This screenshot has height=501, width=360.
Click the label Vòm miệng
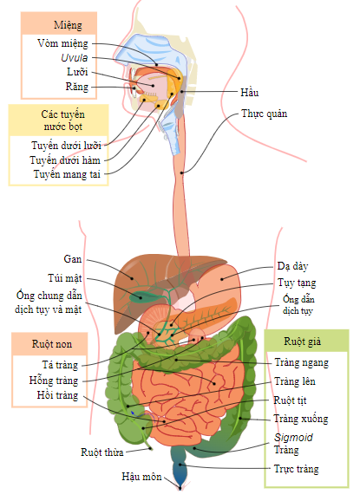click(x=62, y=43)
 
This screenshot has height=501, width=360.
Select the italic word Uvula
click(x=75, y=58)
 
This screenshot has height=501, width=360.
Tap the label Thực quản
click(x=264, y=114)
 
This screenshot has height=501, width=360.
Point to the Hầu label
click(x=249, y=93)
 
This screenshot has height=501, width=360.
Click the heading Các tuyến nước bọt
click(x=63, y=120)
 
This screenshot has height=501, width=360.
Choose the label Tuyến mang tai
click(x=67, y=174)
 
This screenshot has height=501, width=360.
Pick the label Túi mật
click(x=65, y=278)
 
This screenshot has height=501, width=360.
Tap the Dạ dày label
click(x=292, y=266)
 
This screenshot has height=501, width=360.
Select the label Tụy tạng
click(x=297, y=283)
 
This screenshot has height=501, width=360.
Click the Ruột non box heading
click(x=52, y=344)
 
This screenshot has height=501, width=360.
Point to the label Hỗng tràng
click(x=54, y=381)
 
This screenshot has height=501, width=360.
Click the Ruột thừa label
click(x=102, y=452)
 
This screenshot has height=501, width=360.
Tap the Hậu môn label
click(x=141, y=477)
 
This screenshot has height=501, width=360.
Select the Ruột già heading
click(x=303, y=342)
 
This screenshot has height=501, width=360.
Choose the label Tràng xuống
click(x=301, y=419)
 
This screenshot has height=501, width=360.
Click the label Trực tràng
click(x=297, y=469)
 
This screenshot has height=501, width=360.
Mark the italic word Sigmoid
click(x=293, y=438)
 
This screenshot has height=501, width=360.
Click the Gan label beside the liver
click(x=73, y=259)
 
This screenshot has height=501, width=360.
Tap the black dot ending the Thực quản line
click(x=181, y=173)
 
